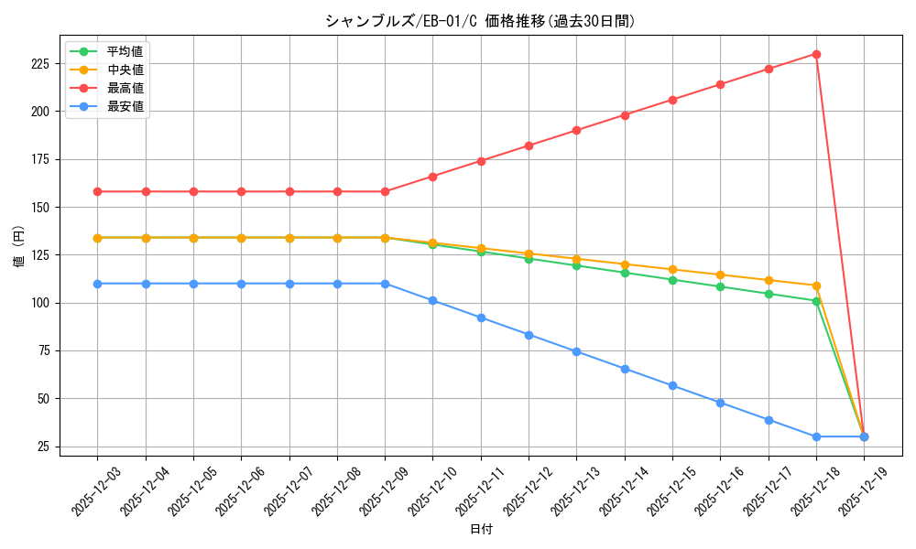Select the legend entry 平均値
pyautogui.click(x=125, y=51)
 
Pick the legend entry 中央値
pyautogui.click(x=125, y=70)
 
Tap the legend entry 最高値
pyautogui.click(x=125, y=88)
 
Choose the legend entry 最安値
pyautogui.click(x=125, y=106)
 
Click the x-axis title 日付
pyautogui.click(x=481, y=530)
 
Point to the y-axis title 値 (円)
pyautogui.click(x=19, y=246)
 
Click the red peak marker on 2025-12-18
pyautogui.click(x=816, y=54)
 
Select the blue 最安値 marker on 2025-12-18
pyautogui.click(x=816, y=436)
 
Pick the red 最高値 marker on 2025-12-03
pyautogui.click(x=97, y=191)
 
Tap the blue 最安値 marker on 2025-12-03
pyautogui.click(x=97, y=284)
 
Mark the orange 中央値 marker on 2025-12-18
pyautogui.click(x=816, y=285)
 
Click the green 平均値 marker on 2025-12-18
pyautogui.click(x=816, y=301)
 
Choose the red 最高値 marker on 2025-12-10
pyautogui.click(x=432, y=177)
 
